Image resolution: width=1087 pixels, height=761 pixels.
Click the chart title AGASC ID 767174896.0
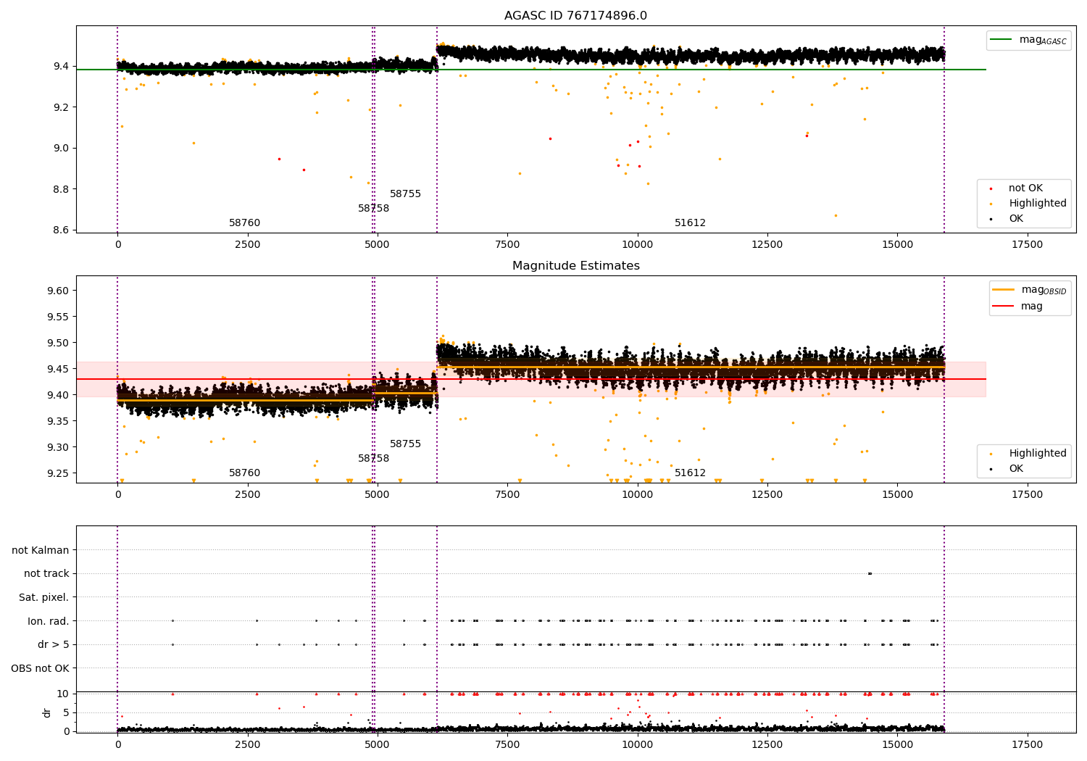[575, 16]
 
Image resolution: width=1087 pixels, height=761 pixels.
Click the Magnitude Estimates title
[575, 266]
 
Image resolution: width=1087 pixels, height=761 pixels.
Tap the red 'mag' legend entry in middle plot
[1031, 307]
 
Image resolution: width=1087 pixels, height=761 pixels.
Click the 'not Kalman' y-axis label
[41, 550]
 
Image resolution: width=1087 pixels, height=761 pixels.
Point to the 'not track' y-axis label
[46, 574]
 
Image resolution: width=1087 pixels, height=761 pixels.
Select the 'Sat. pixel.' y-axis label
[43, 597]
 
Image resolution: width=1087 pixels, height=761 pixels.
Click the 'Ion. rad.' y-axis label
[48, 621]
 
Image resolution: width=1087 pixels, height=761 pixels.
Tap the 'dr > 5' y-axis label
[53, 644]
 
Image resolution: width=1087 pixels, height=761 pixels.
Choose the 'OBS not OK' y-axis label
[40, 668]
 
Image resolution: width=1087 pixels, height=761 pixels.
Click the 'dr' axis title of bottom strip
[47, 712]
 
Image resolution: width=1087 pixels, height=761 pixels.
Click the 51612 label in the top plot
[690, 223]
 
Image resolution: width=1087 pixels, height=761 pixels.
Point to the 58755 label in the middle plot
[405, 444]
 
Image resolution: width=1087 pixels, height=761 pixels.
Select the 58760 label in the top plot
[244, 223]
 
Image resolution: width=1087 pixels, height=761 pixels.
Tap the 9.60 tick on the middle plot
[57, 291]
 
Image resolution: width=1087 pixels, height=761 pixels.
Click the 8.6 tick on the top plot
[61, 230]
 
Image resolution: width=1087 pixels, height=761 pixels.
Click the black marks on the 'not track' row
[870, 573]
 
